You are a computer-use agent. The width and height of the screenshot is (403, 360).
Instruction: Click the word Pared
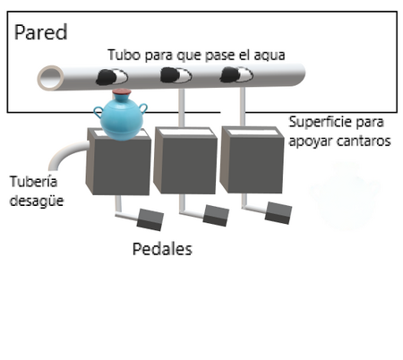pyautogui.click(x=40, y=32)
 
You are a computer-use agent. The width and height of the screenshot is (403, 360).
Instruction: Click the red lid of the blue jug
pyautogui.click(x=121, y=92)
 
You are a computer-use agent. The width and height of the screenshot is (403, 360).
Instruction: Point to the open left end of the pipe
pyautogui.click(x=50, y=78)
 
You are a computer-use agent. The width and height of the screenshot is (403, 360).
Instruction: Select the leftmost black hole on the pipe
pyautogui.click(x=112, y=77)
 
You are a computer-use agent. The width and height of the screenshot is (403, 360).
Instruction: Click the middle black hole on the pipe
pyautogui.click(x=176, y=75)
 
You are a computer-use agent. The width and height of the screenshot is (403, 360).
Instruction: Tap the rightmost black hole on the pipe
pyautogui.click(x=236, y=74)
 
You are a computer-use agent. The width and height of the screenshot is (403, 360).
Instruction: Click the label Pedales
pyautogui.click(x=162, y=249)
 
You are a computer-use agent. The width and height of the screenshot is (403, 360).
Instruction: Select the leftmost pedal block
pyautogui.click(x=150, y=219)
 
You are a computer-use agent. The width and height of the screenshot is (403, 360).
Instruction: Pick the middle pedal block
pyautogui.click(x=216, y=215)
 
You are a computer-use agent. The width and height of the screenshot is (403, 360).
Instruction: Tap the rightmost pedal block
pyautogui.click(x=279, y=212)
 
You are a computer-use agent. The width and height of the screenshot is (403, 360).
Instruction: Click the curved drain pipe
pyautogui.click(x=65, y=153)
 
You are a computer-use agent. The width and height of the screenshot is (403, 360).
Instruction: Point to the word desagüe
pyautogui.click(x=37, y=201)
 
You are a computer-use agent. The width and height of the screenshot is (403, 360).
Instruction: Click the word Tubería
pyautogui.click(x=33, y=182)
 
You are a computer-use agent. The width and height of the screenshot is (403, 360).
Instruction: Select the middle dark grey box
pyautogui.click(x=185, y=160)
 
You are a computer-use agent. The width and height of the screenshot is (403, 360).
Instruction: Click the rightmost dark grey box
pyautogui.click(x=252, y=159)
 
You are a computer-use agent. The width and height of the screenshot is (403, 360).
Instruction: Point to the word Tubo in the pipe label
pyautogui.click(x=124, y=55)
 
